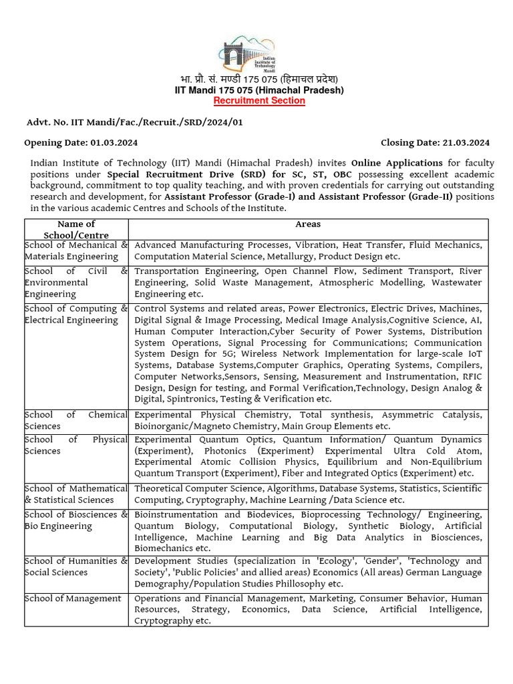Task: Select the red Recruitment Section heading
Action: pos(259,101)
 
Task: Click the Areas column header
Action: pos(308,224)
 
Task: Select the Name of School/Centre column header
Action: pos(76,230)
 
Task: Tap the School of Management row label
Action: pos(73,598)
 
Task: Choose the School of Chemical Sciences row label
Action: pos(75,420)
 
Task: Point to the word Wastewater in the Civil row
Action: pos(456,283)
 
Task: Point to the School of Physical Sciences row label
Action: pos(75,445)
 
